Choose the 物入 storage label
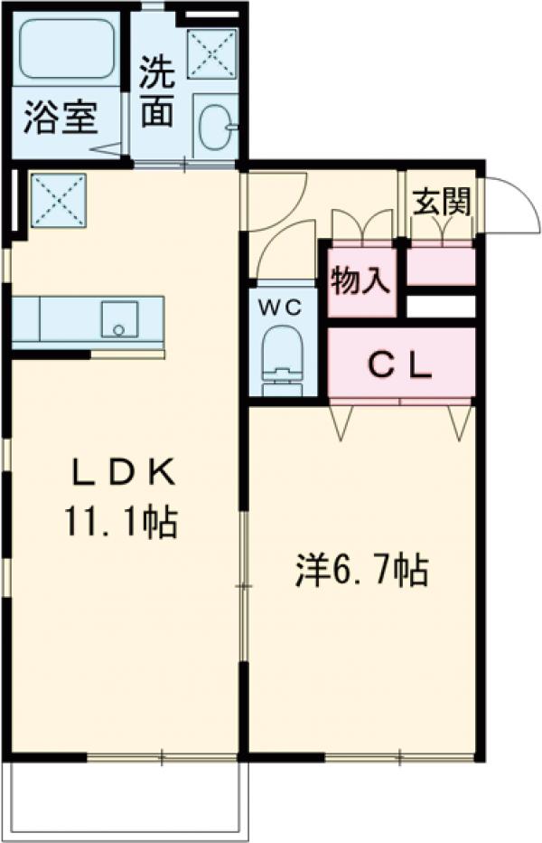pos(360,282)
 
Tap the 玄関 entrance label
pos(442,203)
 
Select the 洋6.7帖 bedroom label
pos(361,572)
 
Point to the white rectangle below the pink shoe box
pos(441,306)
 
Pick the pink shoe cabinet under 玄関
pos(441,266)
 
